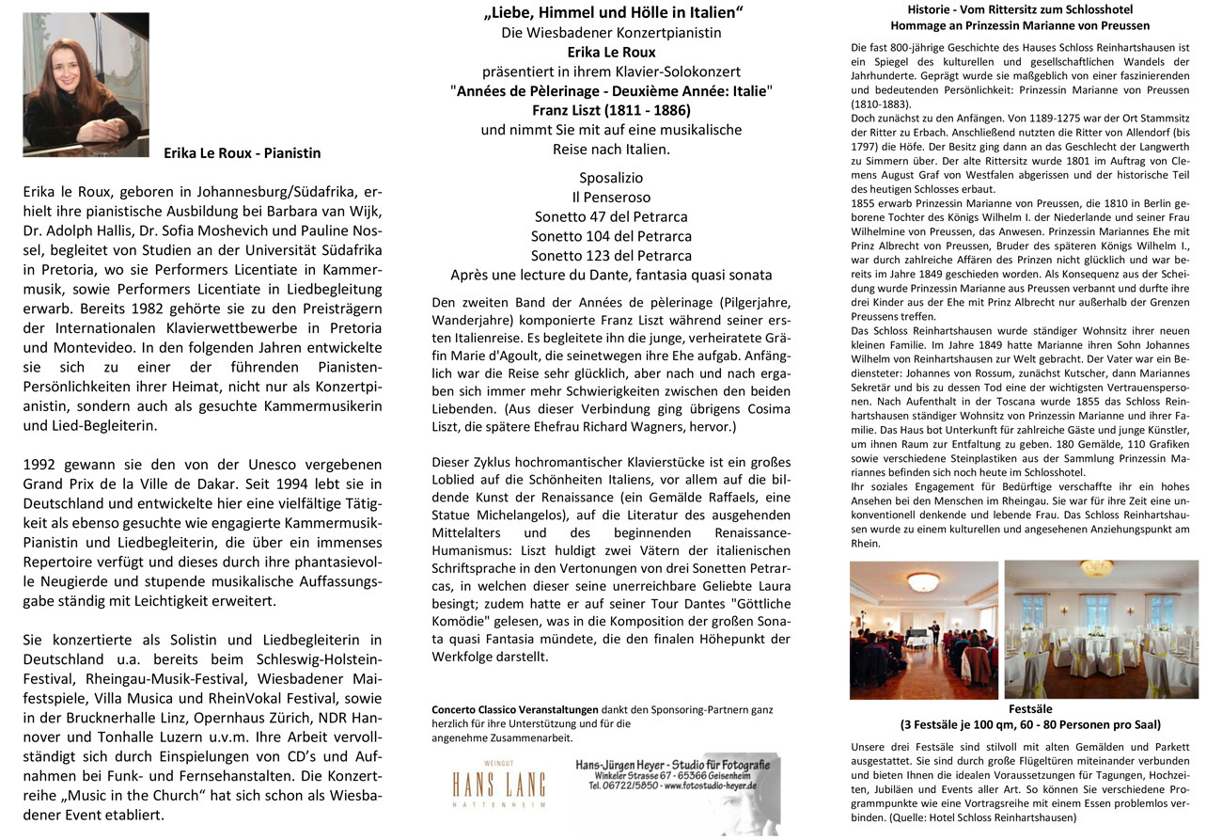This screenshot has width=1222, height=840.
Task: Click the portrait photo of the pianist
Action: [86, 84]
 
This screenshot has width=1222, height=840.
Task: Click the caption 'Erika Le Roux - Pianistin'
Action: [242, 152]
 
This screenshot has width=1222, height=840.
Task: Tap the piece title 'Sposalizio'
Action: [611, 178]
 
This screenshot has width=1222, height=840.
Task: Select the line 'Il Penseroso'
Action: [611, 198]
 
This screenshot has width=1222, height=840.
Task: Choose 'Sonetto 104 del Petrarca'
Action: [611, 236]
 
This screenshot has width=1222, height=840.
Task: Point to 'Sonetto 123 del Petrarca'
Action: [611, 256]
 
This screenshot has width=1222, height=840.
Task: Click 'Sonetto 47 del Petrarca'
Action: [611, 217]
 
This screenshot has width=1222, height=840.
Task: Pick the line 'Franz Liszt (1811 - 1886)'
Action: [611, 110]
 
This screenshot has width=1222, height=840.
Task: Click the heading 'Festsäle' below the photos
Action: [1030, 708]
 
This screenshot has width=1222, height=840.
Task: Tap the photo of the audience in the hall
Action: [923, 629]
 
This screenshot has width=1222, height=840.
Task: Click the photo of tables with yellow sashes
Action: [1102, 629]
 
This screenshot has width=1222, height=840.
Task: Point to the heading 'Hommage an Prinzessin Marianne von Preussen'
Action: [1020, 26]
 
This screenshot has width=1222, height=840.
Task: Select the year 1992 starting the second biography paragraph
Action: [41, 464]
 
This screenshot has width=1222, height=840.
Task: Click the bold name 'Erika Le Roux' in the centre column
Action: [611, 52]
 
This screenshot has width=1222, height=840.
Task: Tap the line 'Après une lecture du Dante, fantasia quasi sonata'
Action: [611, 276]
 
